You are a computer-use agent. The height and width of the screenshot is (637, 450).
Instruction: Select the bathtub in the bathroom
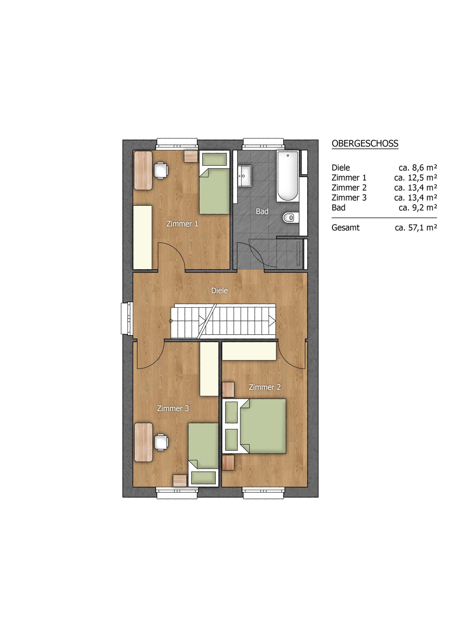click(287, 176)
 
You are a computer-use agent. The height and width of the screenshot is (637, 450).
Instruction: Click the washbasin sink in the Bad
click(244, 176)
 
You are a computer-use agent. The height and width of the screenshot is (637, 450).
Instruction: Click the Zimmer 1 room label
click(182, 224)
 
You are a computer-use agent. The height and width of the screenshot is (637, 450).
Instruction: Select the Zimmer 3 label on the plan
click(173, 408)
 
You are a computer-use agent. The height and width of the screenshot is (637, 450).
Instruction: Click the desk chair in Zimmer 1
click(161, 170)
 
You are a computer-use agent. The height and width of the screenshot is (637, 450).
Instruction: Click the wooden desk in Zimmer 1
click(143, 170)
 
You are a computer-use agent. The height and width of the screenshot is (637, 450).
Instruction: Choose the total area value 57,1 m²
click(416, 227)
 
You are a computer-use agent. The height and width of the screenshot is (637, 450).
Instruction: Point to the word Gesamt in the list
click(346, 227)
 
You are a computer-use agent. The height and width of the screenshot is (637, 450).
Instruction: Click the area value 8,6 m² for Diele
click(418, 167)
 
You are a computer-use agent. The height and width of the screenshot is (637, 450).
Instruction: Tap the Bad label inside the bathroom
click(262, 212)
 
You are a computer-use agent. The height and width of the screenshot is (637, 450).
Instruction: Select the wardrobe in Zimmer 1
click(142, 237)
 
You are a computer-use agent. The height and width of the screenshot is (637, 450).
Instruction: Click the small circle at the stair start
click(171, 321)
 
